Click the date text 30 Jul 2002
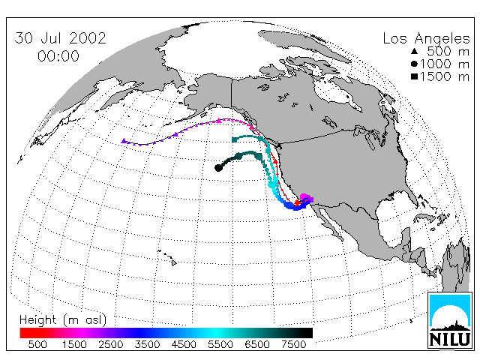[60, 38]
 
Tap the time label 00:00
[58, 56]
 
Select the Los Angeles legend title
[427, 39]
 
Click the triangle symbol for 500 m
[415, 51]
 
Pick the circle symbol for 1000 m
[414, 64]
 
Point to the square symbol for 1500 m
[415, 76]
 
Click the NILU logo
[450, 320]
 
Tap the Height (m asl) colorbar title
[63, 320]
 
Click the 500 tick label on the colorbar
[37, 345]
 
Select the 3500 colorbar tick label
[147, 345]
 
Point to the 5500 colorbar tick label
[220, 345]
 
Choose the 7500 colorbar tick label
[293, 345]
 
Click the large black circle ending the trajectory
[218, 168]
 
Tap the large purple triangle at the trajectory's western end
[124, 141]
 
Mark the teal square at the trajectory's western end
[235, 140]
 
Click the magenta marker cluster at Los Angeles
[307, 198]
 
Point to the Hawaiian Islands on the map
[167, 257]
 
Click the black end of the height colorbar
[308, 333]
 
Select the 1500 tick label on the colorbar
[74, 345]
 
